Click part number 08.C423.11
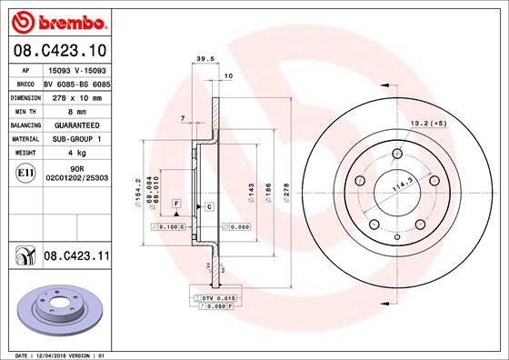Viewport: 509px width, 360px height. click(76, 258)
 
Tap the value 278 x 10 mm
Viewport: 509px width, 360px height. click(75, 95)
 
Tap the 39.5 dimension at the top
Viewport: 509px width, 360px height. click(205, 59)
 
